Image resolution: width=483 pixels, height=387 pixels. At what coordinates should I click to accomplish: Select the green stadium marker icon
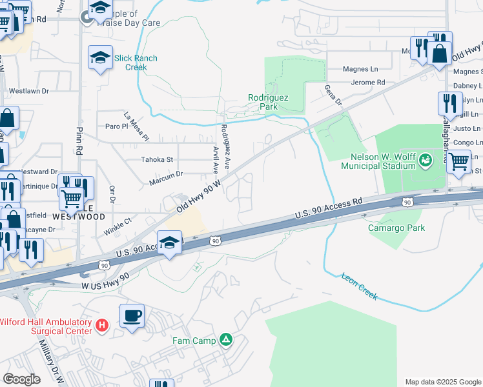pyautogui.click(x=426, y=159)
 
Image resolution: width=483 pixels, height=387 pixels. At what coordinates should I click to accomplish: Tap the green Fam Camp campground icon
pyautogui.click(x=225, y=339)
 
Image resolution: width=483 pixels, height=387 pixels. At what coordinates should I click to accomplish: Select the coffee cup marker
pyautogui.click(x=132, y=316)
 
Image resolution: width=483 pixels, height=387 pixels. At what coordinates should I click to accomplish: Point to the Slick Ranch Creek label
pyautogui.click(x=136, y=63)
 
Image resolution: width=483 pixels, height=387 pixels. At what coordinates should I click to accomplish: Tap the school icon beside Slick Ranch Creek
pyautogui.click(x=100, y=57)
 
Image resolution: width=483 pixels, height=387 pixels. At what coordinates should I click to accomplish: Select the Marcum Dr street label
pyautogui.click(x=166, y=174)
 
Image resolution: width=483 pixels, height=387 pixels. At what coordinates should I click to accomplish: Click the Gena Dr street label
pyautogui.click(x=332, y=95)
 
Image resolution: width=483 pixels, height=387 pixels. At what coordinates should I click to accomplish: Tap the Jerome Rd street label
pyautogui.click(x=367, y=83)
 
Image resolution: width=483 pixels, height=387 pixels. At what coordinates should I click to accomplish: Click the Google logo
pyautogui.click(x=21, y=379)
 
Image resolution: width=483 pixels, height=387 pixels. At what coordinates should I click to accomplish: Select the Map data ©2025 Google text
pyautogui.click(x=442, y=382)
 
